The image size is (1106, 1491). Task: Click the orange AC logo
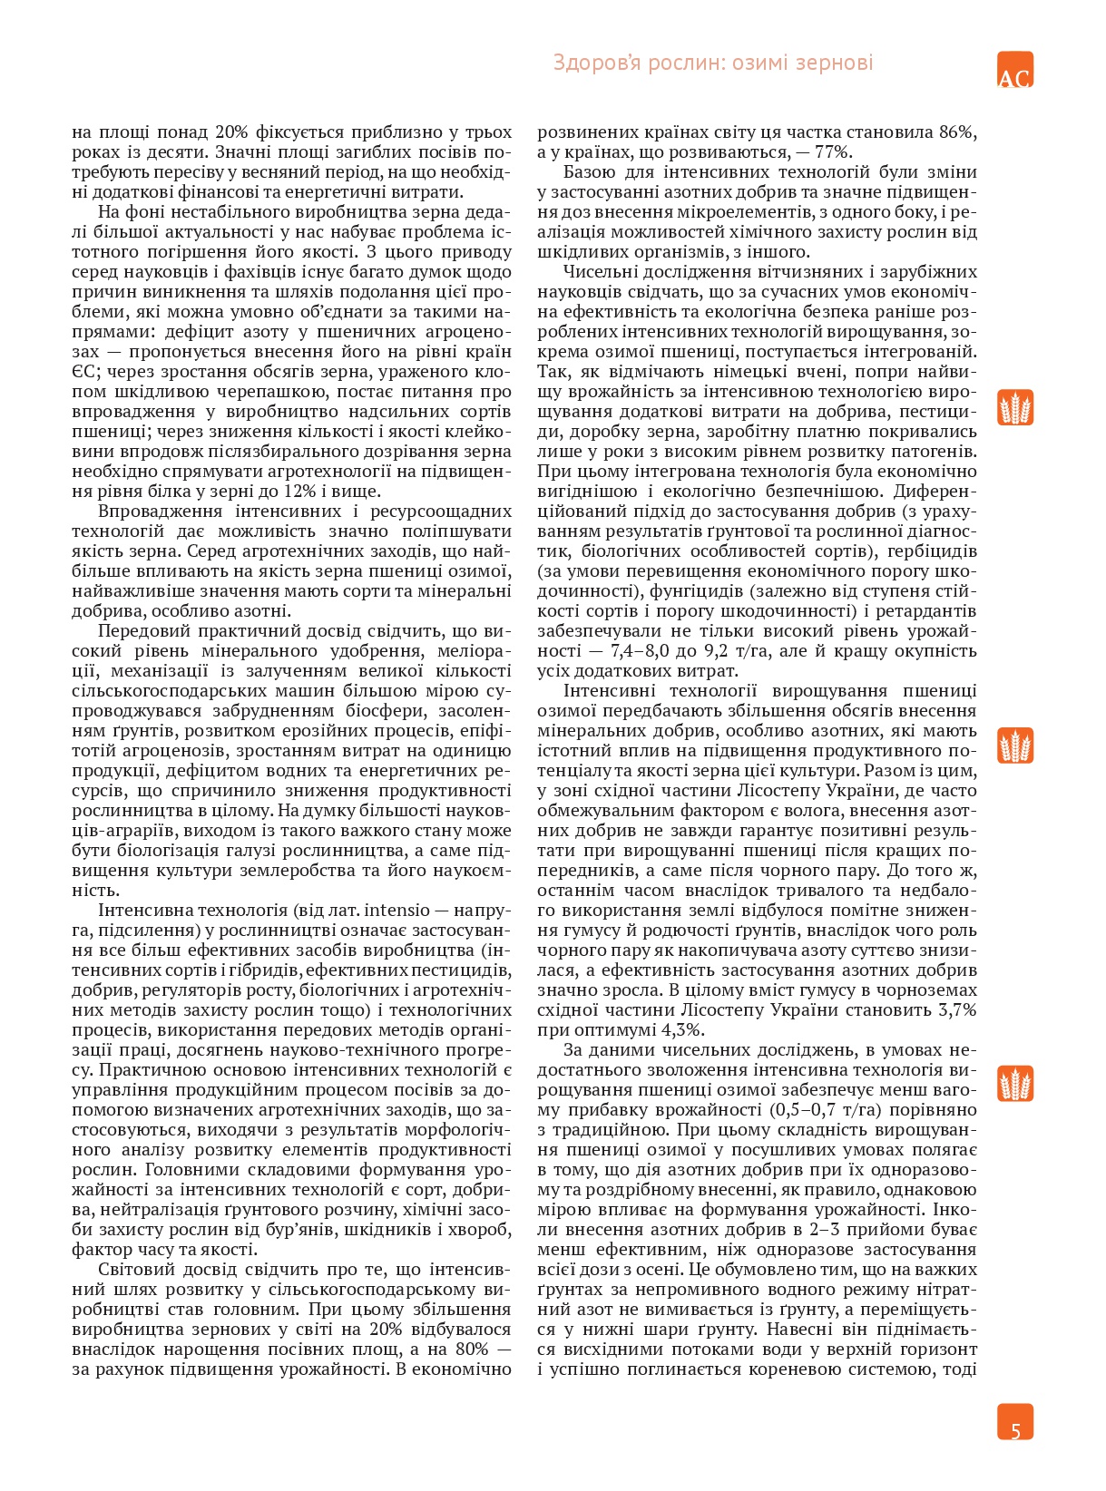point(1014,70)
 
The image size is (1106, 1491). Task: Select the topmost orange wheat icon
point(1015,408)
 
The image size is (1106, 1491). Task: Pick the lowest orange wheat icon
point(1015,1084)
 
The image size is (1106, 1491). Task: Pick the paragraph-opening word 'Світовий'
point(134,1269)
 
